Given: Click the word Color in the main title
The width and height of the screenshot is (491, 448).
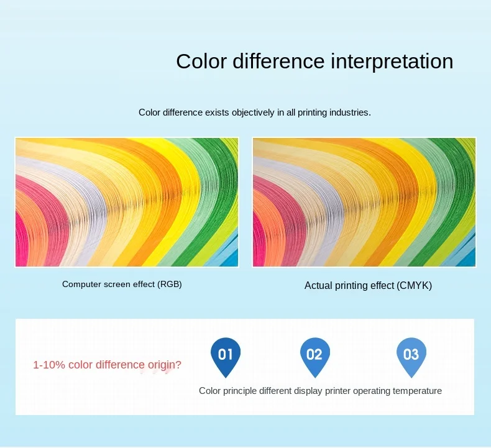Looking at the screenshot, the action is point(201,61).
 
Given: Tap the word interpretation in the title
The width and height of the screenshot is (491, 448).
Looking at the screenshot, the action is point(392,62).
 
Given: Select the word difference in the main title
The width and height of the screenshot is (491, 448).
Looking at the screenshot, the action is point(278,61).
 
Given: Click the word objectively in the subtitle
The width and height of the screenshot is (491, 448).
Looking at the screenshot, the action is point(253,112).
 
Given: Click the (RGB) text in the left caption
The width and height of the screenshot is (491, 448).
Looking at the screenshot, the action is point(170,284).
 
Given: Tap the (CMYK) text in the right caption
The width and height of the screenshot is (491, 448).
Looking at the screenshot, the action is point(414,286).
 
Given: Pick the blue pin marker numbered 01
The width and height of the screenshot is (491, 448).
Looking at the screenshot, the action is point(226,357).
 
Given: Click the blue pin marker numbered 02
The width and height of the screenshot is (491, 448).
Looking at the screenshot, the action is point(314,357).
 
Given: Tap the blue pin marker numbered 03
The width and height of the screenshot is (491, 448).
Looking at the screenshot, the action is point(411,357).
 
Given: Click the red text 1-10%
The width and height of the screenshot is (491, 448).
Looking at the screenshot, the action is point(49,365).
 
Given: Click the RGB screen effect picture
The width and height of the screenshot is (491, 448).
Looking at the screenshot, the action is point(127,202).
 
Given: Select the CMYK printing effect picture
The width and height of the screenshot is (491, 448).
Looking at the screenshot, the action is point(364,202).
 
